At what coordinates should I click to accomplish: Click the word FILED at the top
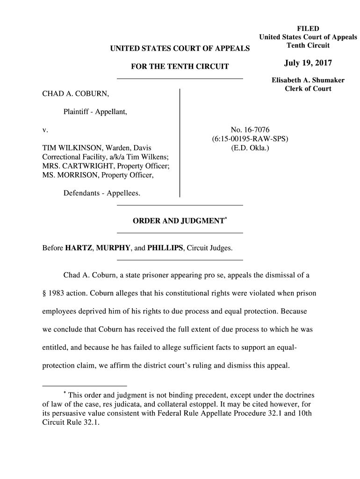tap(308, 29)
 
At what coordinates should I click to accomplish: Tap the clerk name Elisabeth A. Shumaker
tap(308, 80)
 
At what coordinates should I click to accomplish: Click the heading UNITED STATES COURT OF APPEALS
tap(180, 48)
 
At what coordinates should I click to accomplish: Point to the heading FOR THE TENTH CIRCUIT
tap(180, 66)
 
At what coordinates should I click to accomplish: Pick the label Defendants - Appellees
tap(101, 193)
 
